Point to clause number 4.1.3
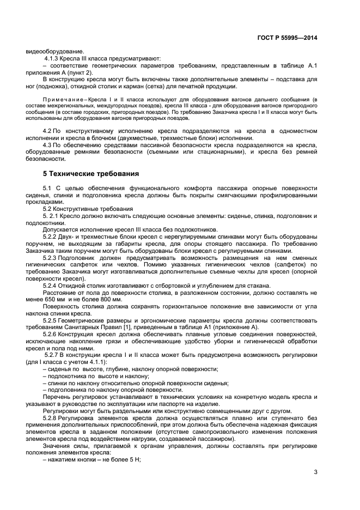point(52,58)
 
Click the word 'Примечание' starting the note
point(64,99)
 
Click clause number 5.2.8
point(53,417)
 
